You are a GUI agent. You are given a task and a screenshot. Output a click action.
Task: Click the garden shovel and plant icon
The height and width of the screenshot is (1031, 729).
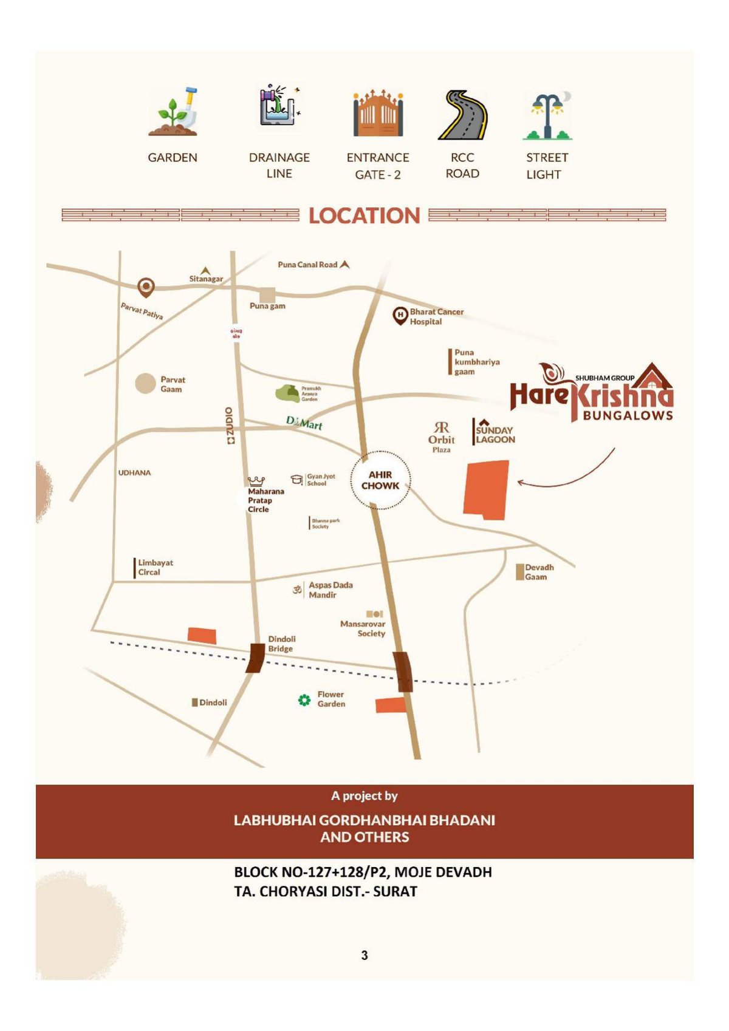(174, 112)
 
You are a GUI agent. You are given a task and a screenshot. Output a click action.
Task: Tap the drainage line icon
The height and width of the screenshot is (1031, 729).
(279, 107)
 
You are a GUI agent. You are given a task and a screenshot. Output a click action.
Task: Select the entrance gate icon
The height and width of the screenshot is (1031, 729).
(378, 114)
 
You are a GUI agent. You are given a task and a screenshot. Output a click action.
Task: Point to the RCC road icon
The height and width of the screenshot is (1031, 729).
(462, 115)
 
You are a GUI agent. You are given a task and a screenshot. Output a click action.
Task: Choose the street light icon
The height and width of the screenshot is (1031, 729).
(547, 115)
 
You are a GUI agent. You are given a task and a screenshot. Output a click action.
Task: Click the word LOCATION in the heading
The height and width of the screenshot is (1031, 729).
(364, 216)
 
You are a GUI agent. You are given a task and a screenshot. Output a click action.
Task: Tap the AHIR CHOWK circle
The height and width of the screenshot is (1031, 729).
(381, 480)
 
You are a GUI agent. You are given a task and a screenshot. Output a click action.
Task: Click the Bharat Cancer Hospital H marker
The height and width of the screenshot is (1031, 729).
(400, 315)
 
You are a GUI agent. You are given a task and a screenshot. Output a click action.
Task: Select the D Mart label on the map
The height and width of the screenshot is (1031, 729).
(304, 423)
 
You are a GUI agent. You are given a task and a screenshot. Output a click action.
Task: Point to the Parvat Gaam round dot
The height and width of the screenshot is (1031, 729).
(145, 384)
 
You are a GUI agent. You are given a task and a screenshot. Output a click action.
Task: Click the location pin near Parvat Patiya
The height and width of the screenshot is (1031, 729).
(146, 287)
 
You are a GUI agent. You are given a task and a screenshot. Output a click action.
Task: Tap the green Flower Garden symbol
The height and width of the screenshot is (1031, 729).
(304, 700)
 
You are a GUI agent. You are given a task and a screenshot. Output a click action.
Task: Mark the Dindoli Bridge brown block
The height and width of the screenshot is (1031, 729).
(255, 658)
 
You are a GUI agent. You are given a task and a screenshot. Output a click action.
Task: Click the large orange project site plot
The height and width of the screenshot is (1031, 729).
(486, 489)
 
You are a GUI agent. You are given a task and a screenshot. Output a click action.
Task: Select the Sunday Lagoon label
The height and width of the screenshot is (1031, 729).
(495, 434)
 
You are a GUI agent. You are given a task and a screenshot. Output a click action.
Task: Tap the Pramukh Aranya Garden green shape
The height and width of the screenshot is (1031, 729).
(288, 393)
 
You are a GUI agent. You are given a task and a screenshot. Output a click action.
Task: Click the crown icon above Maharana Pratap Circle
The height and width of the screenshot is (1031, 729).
(256, 481)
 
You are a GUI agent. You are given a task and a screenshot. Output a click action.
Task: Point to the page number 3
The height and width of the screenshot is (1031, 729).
(364, 955)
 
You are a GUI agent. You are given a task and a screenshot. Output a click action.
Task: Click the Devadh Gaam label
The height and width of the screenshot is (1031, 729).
(539, 572)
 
